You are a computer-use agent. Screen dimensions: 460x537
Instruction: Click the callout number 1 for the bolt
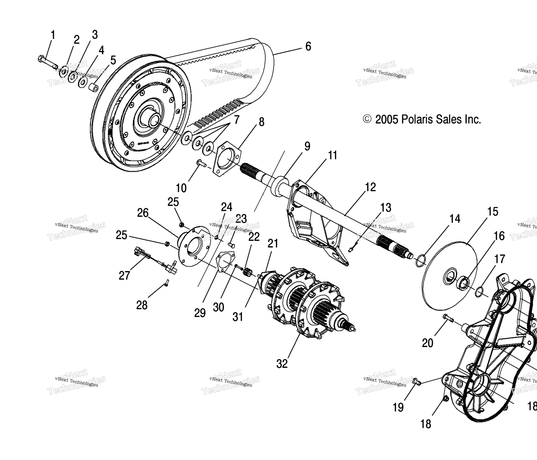[53, 35]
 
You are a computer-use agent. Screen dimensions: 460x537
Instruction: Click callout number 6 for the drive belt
[308, 46]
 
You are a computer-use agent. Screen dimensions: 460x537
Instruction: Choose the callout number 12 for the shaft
[370, 187]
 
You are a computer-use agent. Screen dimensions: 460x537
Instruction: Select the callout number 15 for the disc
[493, 212]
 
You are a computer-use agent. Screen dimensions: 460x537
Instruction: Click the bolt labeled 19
[417, 381]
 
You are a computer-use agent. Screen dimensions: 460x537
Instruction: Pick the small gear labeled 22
[248, 273]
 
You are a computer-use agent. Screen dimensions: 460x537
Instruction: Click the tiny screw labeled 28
[167, 282]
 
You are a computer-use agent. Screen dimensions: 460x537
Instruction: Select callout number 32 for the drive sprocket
[282, 364]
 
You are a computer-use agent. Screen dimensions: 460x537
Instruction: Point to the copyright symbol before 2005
[367, 119]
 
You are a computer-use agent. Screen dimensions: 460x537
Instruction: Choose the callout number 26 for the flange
[143, 213]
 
